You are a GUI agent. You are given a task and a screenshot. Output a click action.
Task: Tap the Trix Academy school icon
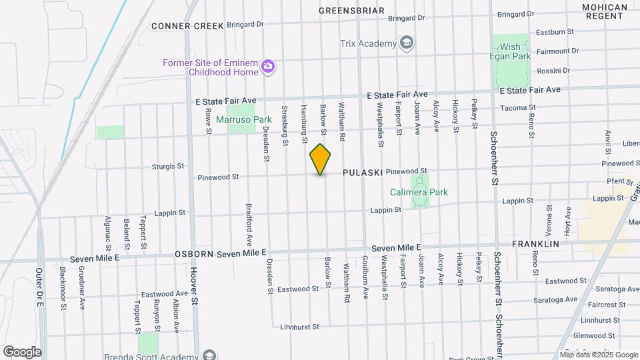406,44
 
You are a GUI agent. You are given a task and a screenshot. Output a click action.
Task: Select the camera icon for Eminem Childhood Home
268,65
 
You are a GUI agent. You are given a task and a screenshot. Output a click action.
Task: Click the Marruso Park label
238,120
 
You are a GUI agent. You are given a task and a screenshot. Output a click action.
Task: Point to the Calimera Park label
419,193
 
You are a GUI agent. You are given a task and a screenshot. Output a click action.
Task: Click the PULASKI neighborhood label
363,173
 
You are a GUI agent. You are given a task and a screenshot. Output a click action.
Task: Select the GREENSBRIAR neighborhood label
351,11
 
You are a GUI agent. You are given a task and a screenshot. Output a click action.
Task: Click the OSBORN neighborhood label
195,254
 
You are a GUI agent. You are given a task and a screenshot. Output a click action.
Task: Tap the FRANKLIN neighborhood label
535,244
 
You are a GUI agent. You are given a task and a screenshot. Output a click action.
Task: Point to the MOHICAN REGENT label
605,11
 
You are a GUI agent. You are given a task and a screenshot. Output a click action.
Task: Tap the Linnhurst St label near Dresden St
300,327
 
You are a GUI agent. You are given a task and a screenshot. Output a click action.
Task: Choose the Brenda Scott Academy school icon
209,355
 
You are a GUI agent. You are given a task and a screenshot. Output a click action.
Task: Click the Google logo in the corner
22,351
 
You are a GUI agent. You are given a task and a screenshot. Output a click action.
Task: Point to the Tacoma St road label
518,107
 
